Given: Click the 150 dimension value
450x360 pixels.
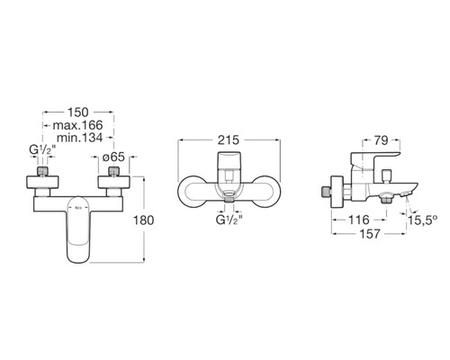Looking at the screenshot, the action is [x=78, y=112].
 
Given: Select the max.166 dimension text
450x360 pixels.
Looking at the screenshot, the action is [x=77, y=125].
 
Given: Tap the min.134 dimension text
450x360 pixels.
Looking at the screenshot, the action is [x=80, y=138].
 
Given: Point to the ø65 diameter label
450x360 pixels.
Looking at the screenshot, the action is [x=113, y=157].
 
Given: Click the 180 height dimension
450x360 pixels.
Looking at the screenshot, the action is [x=144, y=220].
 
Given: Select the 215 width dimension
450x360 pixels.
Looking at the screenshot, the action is [x=229, y=139].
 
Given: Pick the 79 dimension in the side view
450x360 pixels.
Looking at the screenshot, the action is [x=382, y=140].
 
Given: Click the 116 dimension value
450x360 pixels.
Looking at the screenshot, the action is [x=359, y=220].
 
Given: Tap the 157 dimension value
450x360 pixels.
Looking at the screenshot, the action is [x=370, y=234].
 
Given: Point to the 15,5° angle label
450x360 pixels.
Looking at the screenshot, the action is [x=422, y=220].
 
